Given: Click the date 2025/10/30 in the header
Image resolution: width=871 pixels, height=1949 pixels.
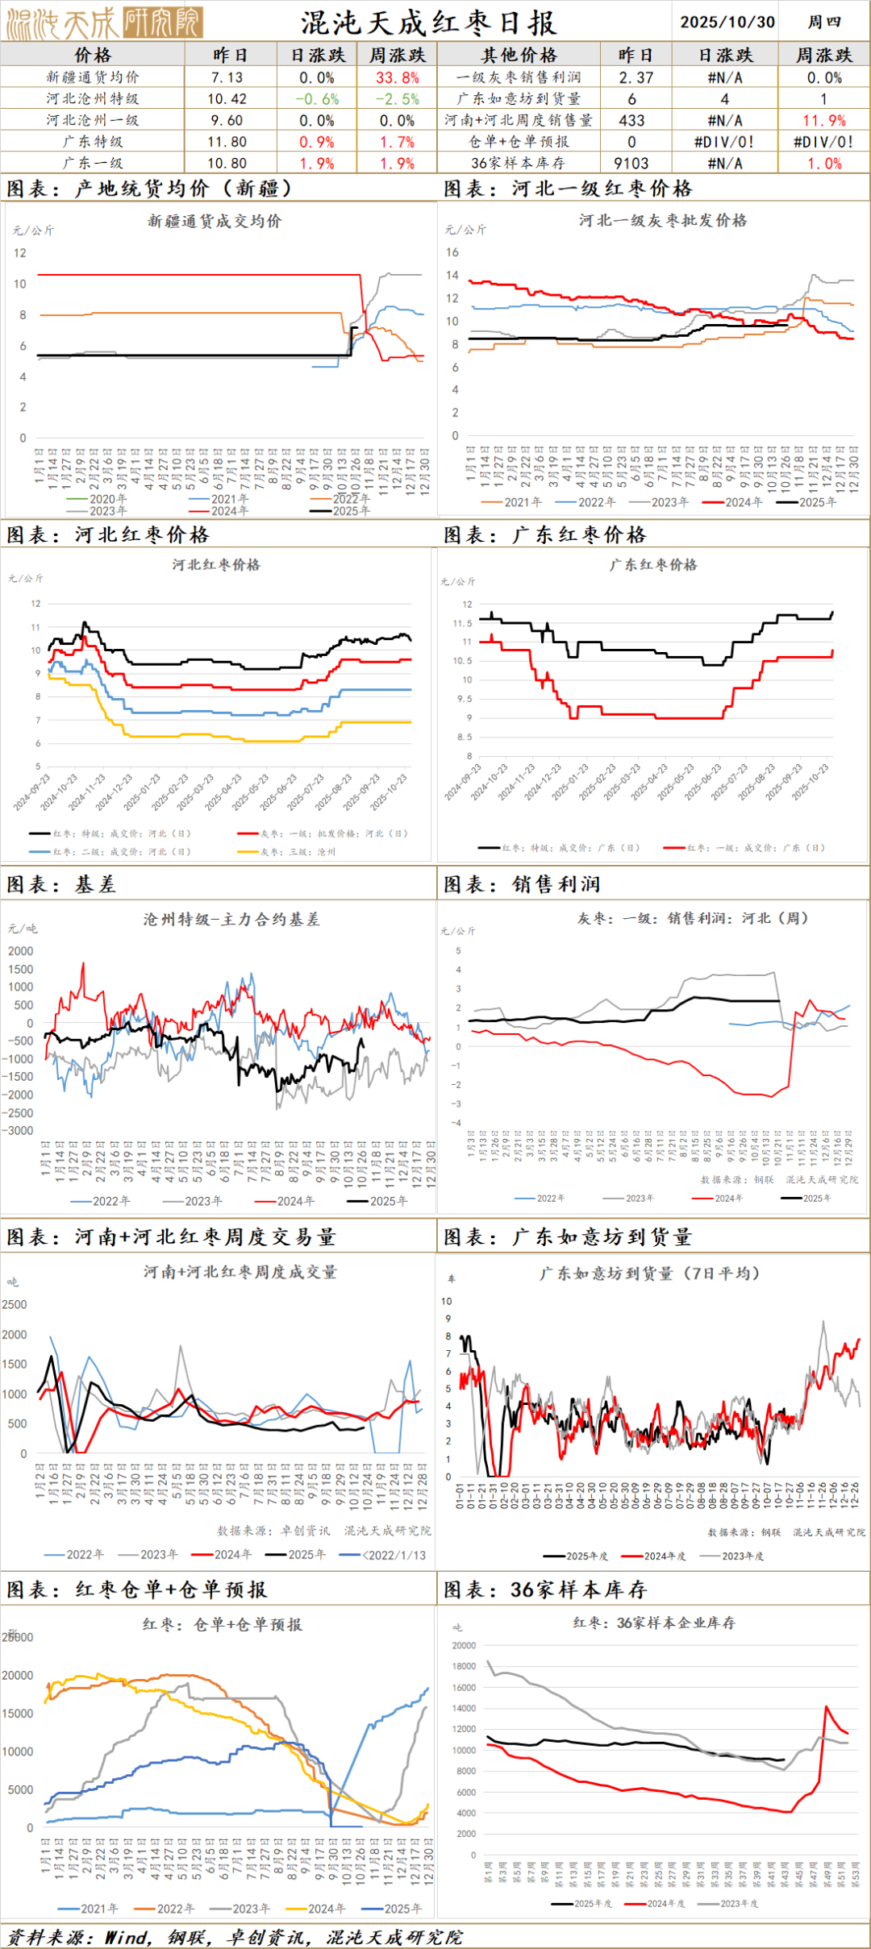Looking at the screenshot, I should click(727, 22).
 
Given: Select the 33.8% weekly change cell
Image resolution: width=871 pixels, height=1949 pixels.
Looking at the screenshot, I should click(398, 78).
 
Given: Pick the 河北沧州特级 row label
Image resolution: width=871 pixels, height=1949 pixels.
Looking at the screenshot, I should click(92, 99).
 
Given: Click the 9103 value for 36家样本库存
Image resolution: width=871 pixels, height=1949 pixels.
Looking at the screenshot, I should click(631, 164).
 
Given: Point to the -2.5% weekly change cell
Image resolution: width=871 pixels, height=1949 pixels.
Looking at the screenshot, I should click(398, 99).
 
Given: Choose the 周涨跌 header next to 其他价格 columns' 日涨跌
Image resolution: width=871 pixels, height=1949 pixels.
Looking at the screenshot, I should click(823, 55).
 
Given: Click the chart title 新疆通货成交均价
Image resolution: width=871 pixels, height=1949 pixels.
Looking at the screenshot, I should click(215, 221).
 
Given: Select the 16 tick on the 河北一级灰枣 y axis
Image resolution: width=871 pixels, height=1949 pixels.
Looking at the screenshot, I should click(452, 252).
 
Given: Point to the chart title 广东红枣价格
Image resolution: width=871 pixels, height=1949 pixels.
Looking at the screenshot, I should click(653, 564).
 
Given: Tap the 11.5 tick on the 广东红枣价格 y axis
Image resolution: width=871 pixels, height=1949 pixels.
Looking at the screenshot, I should click(463, 623).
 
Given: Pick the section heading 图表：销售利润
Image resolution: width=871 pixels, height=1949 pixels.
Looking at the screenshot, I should click(523, 884).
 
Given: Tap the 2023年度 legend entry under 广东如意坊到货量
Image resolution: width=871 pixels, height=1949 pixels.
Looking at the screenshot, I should click(742, 1556).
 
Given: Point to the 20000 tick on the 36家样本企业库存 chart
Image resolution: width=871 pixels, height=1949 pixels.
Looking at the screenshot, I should click(464, 1645).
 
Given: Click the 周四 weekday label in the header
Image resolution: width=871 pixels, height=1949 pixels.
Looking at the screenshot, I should click(824, 22).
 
